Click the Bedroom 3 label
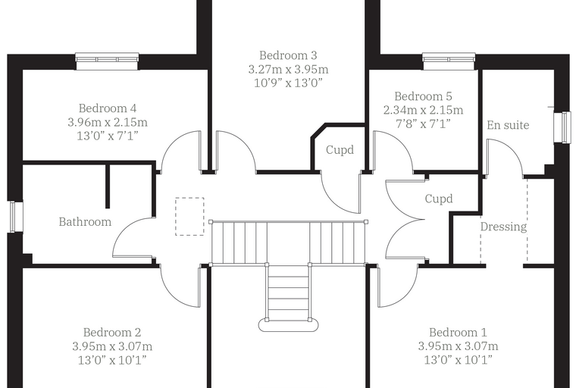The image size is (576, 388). click(288, 55)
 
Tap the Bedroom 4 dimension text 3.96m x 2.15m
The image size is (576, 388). click(108, 122)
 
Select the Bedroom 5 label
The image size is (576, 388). click(423, 96)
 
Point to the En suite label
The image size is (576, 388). click(508, 125)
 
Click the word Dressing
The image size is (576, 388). click(504, 227)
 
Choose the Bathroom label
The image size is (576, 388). click(85, 222)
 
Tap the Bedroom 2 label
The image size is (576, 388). click(112, 333)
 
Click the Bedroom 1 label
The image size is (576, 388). click(458, 333)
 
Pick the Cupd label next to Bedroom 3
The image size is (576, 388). click(340, 150)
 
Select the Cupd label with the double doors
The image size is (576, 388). click(439, 199)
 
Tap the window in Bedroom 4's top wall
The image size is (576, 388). click(108, 61)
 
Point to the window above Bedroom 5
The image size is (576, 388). click(449, 61)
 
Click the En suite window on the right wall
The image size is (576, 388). click(563, 127)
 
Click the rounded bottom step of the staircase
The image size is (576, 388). click(288, 325)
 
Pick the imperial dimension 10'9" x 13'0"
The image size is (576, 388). click(288, 83)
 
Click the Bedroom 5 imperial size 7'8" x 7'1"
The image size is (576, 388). click(423, 124)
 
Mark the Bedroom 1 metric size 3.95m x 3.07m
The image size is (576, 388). click(458, 346)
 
